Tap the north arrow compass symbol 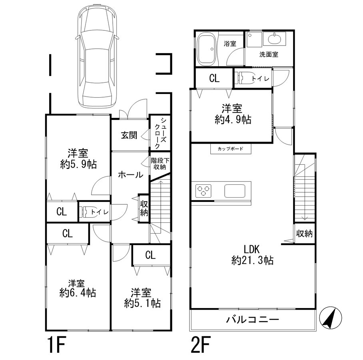(330, 318)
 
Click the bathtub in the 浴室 (207, 49)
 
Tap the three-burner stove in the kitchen (203, 190)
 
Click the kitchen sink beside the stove (235, 191)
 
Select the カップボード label (230, 148)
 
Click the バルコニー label (252, 320)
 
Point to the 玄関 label (129, 135)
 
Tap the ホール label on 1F (131, 175)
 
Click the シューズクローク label (160, 133)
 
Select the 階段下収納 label (160, 164)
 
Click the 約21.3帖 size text (252, 260)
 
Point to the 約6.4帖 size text (78, 293)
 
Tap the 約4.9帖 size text (233, 120)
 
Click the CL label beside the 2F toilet (214, 78)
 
